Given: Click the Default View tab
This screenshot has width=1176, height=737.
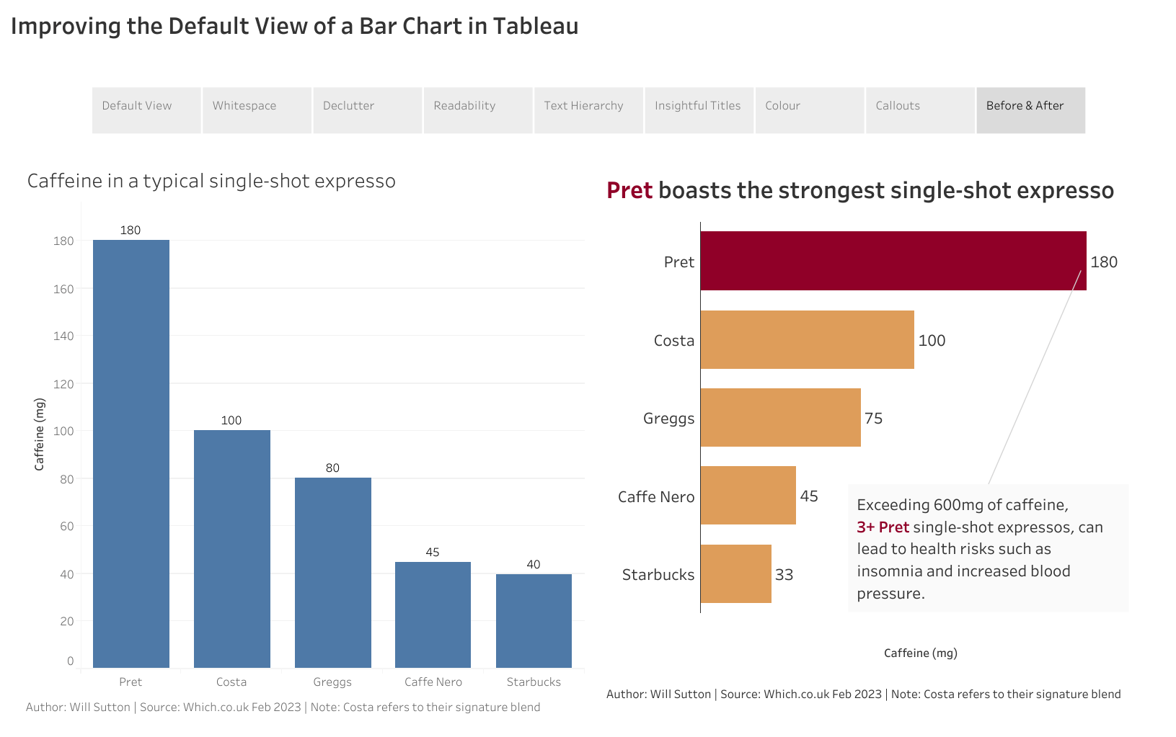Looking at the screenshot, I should [x=146, y=110].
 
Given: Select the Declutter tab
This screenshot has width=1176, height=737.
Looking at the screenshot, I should [x=367, y=110].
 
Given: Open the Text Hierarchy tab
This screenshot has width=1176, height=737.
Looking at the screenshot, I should [x=588, y=110].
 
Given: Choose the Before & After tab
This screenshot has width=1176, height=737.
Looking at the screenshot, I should [x=1030, y=110].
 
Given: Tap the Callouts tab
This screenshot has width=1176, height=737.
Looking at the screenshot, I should [x=919, y=110].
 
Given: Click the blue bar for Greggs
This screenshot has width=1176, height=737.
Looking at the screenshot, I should [x=332, y=572].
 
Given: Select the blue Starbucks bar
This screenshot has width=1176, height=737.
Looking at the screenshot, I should [x=534, y=620].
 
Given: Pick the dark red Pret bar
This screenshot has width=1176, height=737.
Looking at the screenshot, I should [x=893, y=261].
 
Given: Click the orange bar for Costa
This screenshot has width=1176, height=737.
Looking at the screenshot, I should [x=807, y=340].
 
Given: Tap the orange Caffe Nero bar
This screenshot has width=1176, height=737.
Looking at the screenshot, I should [x=748, y=496].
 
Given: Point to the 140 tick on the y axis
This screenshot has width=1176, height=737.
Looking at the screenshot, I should [x=63, y=336].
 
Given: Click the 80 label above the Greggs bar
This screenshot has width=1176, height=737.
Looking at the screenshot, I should [x=332, y=468].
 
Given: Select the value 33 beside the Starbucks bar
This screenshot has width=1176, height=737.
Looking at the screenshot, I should [x=784, y=575].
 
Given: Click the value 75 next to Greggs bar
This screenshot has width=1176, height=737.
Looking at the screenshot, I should [x=873, y=419].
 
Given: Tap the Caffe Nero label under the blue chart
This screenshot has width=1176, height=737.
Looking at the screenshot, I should [x=433, y=682].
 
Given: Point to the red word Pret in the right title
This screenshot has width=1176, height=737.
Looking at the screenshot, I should [x=629, y=191].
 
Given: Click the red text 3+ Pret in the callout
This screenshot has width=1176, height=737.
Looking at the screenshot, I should [x=883, y=527].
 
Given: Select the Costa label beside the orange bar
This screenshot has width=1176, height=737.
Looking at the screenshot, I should [x=673, y=341].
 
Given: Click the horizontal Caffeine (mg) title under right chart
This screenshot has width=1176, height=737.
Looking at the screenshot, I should [x=920, y=653].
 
